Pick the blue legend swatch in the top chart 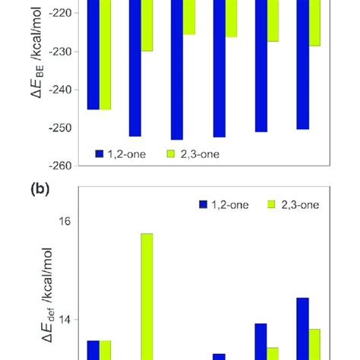(99, 153)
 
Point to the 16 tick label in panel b (65, 221)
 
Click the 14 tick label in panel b (65, 320)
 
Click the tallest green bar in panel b (147, 296)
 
